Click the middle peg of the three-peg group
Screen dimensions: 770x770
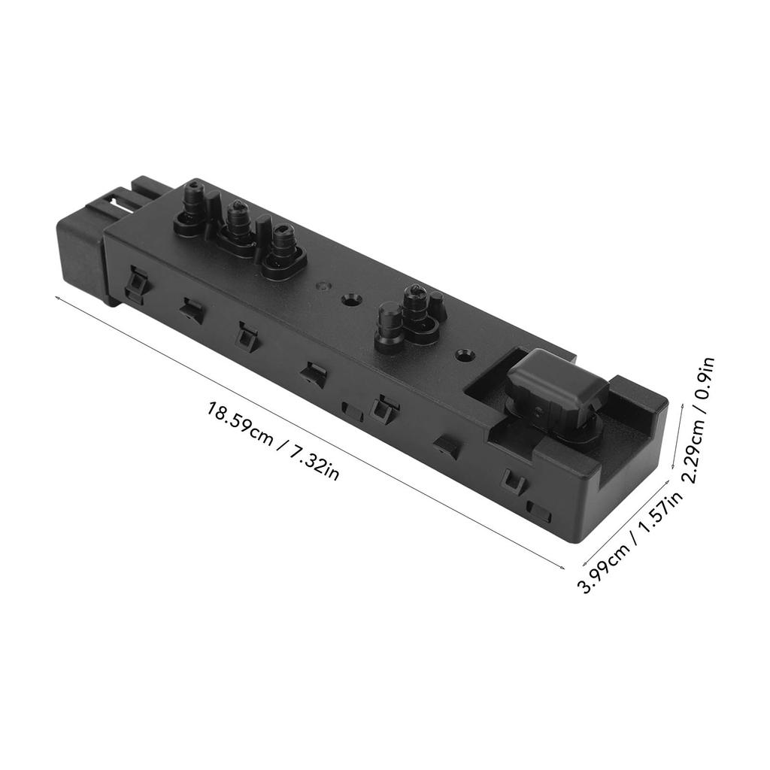pos(239,223)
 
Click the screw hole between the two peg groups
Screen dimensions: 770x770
pos(349,300)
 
